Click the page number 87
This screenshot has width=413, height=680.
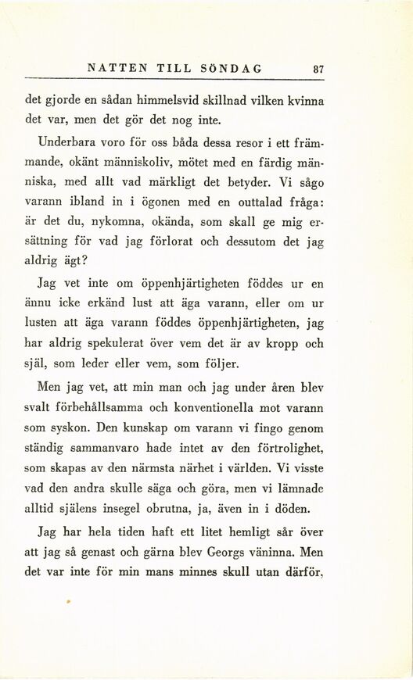(x=318, y=69)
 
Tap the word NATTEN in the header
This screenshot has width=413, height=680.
(x=117, y=69)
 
